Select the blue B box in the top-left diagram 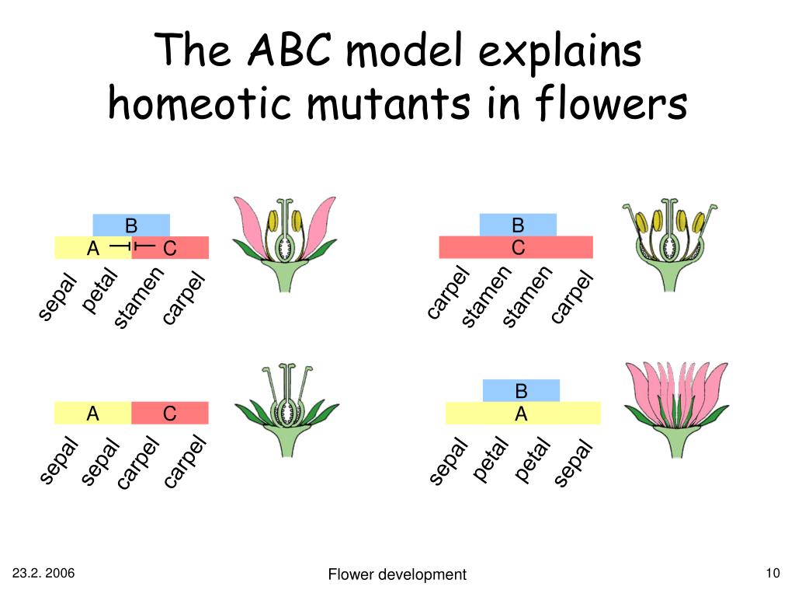click(131, 225)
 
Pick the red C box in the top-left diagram click(171, 248)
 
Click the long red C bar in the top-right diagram click(516, 248)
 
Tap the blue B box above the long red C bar click(518, 225)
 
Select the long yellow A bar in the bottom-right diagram click(522, 414)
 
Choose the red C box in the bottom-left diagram click(170, 414)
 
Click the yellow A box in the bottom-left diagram click(93, 414)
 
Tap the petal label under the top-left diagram click(99, 291)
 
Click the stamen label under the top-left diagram click(140, 296)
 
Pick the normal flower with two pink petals click(284, 243)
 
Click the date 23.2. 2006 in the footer click(43, 574)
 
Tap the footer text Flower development click(397, 574)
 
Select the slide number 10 click(772, 574)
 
